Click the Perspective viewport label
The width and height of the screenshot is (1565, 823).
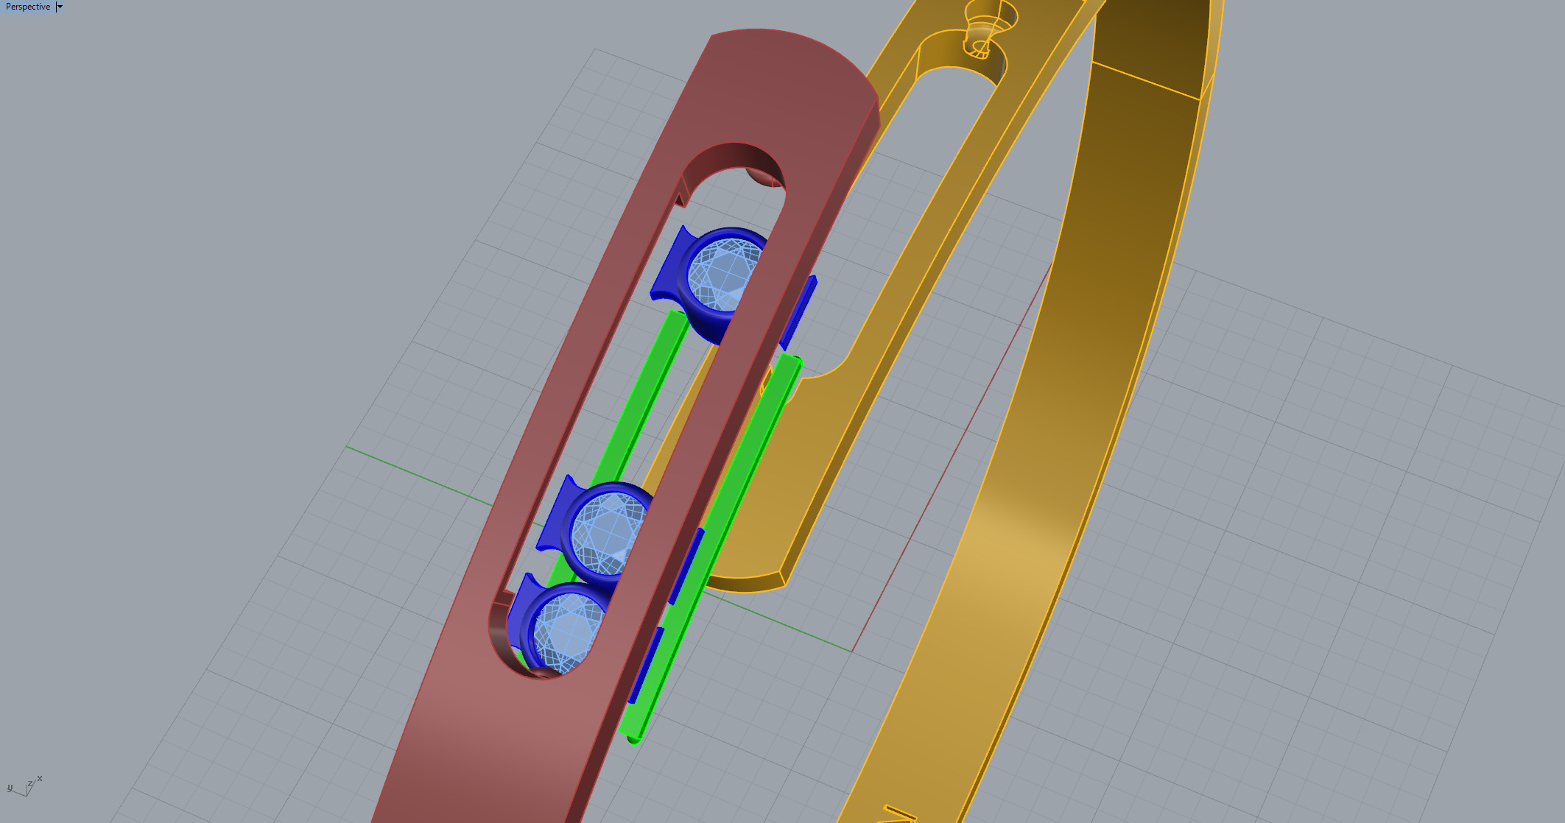coord(28,7)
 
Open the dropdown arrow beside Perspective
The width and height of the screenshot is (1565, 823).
coord(60,7)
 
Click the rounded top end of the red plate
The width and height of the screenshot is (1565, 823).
coord(795,52)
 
